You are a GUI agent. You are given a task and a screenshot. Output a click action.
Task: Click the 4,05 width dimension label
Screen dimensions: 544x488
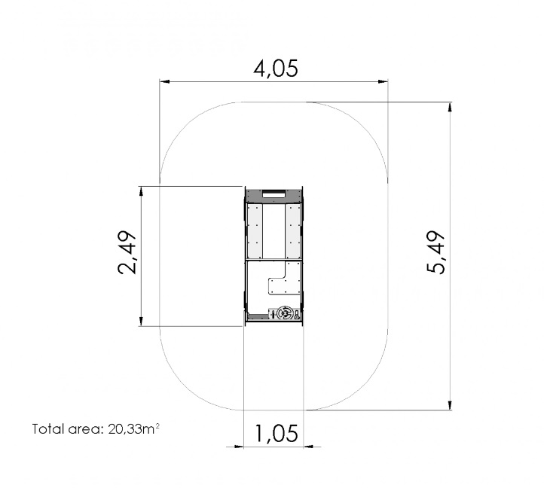pyautogui.click(x=276, y=69)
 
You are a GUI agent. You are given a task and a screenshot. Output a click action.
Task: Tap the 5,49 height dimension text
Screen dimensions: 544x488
pyautogui.click(x=436, y=252)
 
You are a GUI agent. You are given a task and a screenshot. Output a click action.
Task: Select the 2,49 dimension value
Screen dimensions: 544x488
pyautogui.click(x=127, y=252)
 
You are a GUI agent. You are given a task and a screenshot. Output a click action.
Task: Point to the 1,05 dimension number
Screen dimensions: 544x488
pyautogui.click(x=277, y=433)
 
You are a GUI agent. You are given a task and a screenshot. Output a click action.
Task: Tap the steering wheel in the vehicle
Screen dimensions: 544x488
pyautogui.click(x=286, y=313)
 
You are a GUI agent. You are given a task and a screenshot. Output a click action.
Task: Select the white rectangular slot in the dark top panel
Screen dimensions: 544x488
pyautogui.click(x=274, y=194)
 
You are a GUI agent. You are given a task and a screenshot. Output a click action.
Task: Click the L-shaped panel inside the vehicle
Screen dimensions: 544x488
pyautogui.click(x=284, y=279)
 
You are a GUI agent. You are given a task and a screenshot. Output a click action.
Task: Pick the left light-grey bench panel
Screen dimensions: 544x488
pyautogui.click(x=255, y=231)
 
